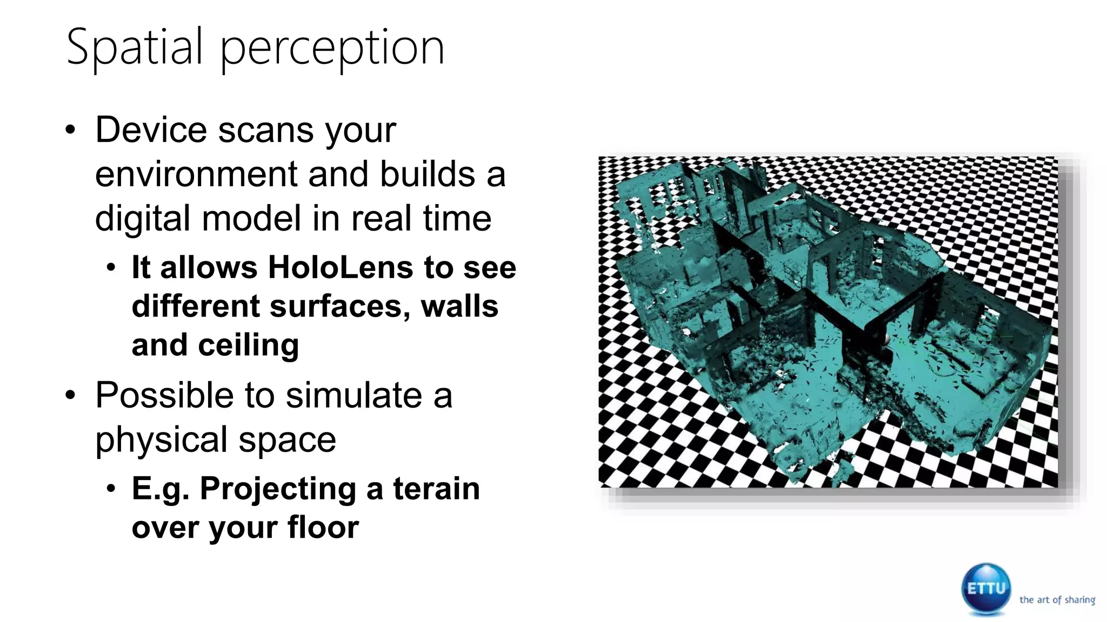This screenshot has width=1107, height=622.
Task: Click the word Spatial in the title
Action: (135, 48)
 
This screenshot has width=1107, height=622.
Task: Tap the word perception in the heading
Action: (332, 49)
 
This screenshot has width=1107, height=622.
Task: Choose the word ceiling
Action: (249, 345)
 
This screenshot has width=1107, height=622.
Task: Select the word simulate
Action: (354, 395)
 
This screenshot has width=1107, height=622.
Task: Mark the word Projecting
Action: (278, 489)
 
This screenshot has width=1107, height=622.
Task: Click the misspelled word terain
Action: (436, 489)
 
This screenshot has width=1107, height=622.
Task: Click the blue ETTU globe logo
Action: (986, 589)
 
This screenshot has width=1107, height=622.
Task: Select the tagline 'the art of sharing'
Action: (1057, 600)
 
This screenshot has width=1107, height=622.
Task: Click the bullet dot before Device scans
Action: (70, 131)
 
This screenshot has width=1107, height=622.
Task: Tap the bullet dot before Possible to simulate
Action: (70, 396)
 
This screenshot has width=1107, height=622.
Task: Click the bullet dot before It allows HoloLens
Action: (111, 268)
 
